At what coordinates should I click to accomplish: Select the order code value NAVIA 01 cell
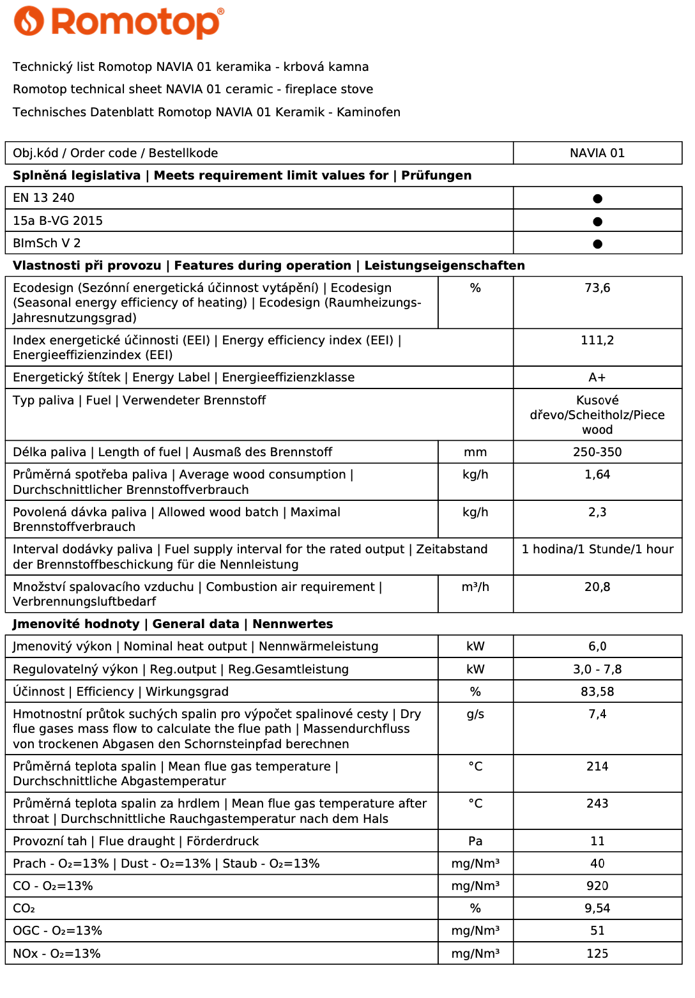point(597,153)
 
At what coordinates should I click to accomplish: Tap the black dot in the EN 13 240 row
point(597,199)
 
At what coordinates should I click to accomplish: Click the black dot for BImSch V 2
point(597,243)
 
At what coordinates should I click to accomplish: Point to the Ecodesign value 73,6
point(597,288)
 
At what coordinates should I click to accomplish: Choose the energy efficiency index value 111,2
point(597,341)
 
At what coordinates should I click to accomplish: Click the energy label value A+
point(597,378)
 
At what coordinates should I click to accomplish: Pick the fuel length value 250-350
point(597,452)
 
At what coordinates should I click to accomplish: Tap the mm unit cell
point(475,452)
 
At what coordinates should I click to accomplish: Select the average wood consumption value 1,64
point(597,475)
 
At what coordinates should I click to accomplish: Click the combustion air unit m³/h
point(475,587)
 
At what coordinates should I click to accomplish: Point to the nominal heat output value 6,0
point(597,647)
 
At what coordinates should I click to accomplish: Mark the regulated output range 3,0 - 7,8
point(597,670)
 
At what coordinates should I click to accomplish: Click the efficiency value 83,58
point(597,692)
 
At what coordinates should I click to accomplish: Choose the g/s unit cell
point(475,714)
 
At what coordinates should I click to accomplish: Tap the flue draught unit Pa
point(475,841)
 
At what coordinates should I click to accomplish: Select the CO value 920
point(597,886)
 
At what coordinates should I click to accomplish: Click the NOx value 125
point(597,954)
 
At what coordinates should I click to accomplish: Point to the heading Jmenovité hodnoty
point(76,624)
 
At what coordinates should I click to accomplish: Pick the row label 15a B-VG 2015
point(57,221)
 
